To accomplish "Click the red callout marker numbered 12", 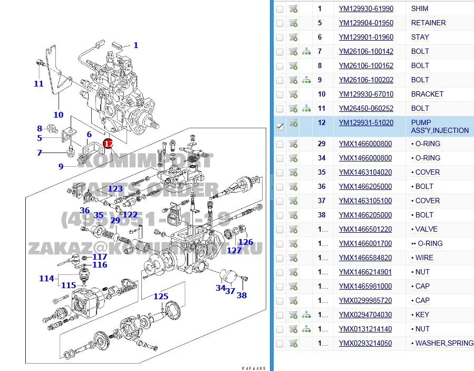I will coord(108,143).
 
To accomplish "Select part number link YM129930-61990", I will coord(366,9).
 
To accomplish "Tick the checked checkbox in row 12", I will coord(280,126).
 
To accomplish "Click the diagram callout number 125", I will coord(161,297).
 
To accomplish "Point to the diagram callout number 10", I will coord(58,115).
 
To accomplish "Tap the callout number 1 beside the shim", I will coord(136,45).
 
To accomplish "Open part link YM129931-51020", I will coord(366,122).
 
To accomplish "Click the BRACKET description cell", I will coord(427,94).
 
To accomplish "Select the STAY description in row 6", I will coord(420,37).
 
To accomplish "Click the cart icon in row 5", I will coord(293,23).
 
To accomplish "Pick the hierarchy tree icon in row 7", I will coord(306,52).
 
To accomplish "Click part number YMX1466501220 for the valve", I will coord(365,230).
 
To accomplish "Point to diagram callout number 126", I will coord(246,242).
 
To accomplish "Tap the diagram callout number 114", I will coord(46,278).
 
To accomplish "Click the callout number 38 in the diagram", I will coord(241,296).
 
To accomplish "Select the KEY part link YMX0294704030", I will coord(365,315).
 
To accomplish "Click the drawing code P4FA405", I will coord(254,368).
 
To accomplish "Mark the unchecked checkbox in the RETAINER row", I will coord(279,23).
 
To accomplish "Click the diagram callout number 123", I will coord(115,189).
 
